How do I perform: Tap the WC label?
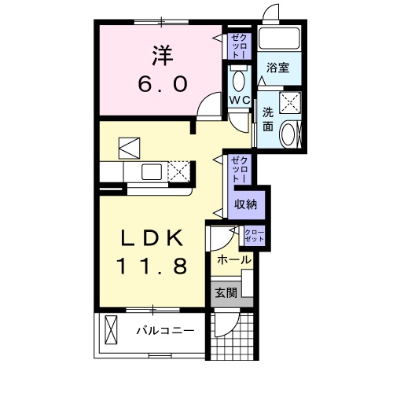(240, 100)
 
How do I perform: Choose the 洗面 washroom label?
(268, 119)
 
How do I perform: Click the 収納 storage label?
(245, 204)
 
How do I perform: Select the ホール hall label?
(233, 259)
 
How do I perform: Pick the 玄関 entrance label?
(227, 293)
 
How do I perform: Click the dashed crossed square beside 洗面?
(290, 102)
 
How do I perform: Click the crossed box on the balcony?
(111, 329)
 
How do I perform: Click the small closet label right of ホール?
(255, 234)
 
